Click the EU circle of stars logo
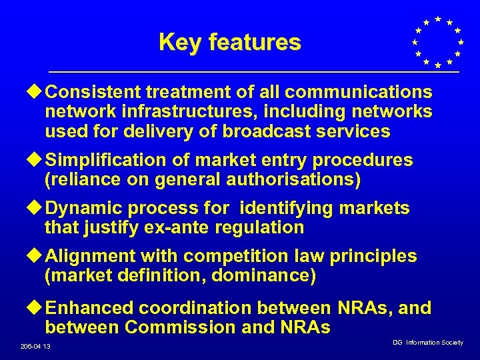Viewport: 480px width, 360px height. pyautogui.click(x=437, y=42)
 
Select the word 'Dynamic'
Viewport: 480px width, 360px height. pyautogui.click(x=86, y=209)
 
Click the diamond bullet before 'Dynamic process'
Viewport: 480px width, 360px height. pyautogui.click(x=37, y=209)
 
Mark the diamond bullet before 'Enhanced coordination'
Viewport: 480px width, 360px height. pyautogui.click(x=37, y=309)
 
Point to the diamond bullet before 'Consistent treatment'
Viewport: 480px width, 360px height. pyautogui.click(x=37, y=91)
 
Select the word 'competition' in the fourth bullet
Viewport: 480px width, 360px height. pyautogui.click(x=238, y=257)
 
